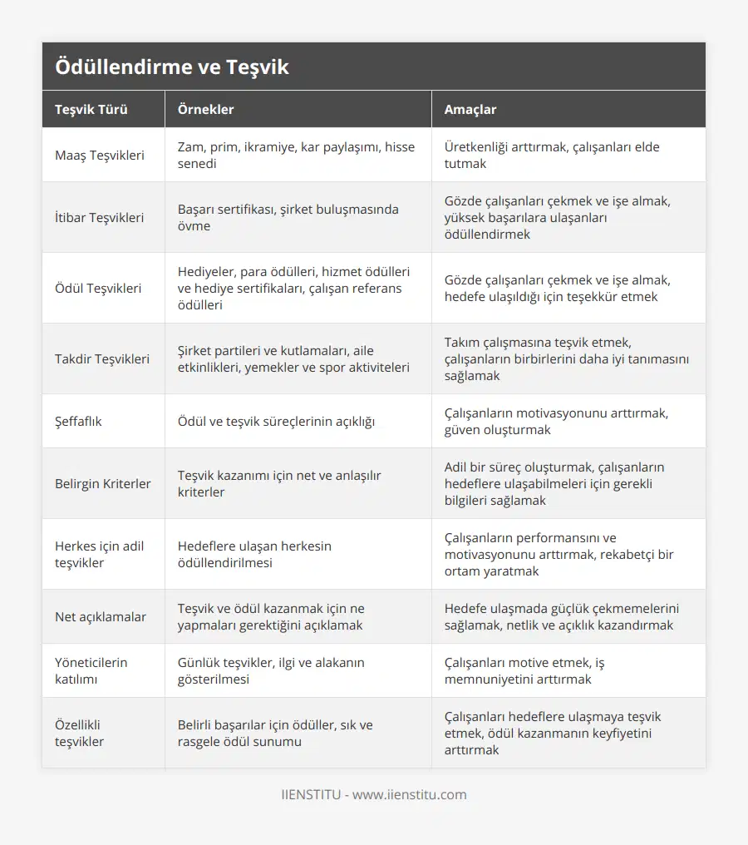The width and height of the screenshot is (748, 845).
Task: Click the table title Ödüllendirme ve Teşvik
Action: [172, 67]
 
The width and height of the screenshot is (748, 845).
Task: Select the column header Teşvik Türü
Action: [91, 109]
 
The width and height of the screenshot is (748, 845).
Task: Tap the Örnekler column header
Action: [205, 109]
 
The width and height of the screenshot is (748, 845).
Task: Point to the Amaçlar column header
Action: [470, 109]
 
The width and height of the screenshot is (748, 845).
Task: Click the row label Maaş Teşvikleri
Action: [100, 156]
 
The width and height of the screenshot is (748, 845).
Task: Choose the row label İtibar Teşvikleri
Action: [99, 218]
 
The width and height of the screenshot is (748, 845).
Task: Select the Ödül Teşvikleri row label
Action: [98, 289]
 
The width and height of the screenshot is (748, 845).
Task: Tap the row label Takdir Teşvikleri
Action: [102, 359]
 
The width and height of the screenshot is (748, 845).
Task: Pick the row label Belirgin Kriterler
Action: [103, 484]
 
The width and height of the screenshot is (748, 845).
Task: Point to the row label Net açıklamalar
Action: [101, 617]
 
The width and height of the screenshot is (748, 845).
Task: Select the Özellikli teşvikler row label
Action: [80, 734]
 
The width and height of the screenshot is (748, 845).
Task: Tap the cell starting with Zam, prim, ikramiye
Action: [296, 156]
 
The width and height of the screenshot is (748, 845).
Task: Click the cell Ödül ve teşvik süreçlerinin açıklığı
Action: [276, 422]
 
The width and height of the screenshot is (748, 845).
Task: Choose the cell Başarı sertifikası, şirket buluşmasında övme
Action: [288, 218]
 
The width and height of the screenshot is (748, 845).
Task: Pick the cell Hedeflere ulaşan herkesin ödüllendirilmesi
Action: [254, 555]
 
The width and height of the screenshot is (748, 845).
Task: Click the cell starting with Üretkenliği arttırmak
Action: [552, 156]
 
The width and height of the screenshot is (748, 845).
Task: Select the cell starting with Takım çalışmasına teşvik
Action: [566, 359]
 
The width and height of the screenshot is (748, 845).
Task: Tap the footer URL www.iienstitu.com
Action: [410, 794]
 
